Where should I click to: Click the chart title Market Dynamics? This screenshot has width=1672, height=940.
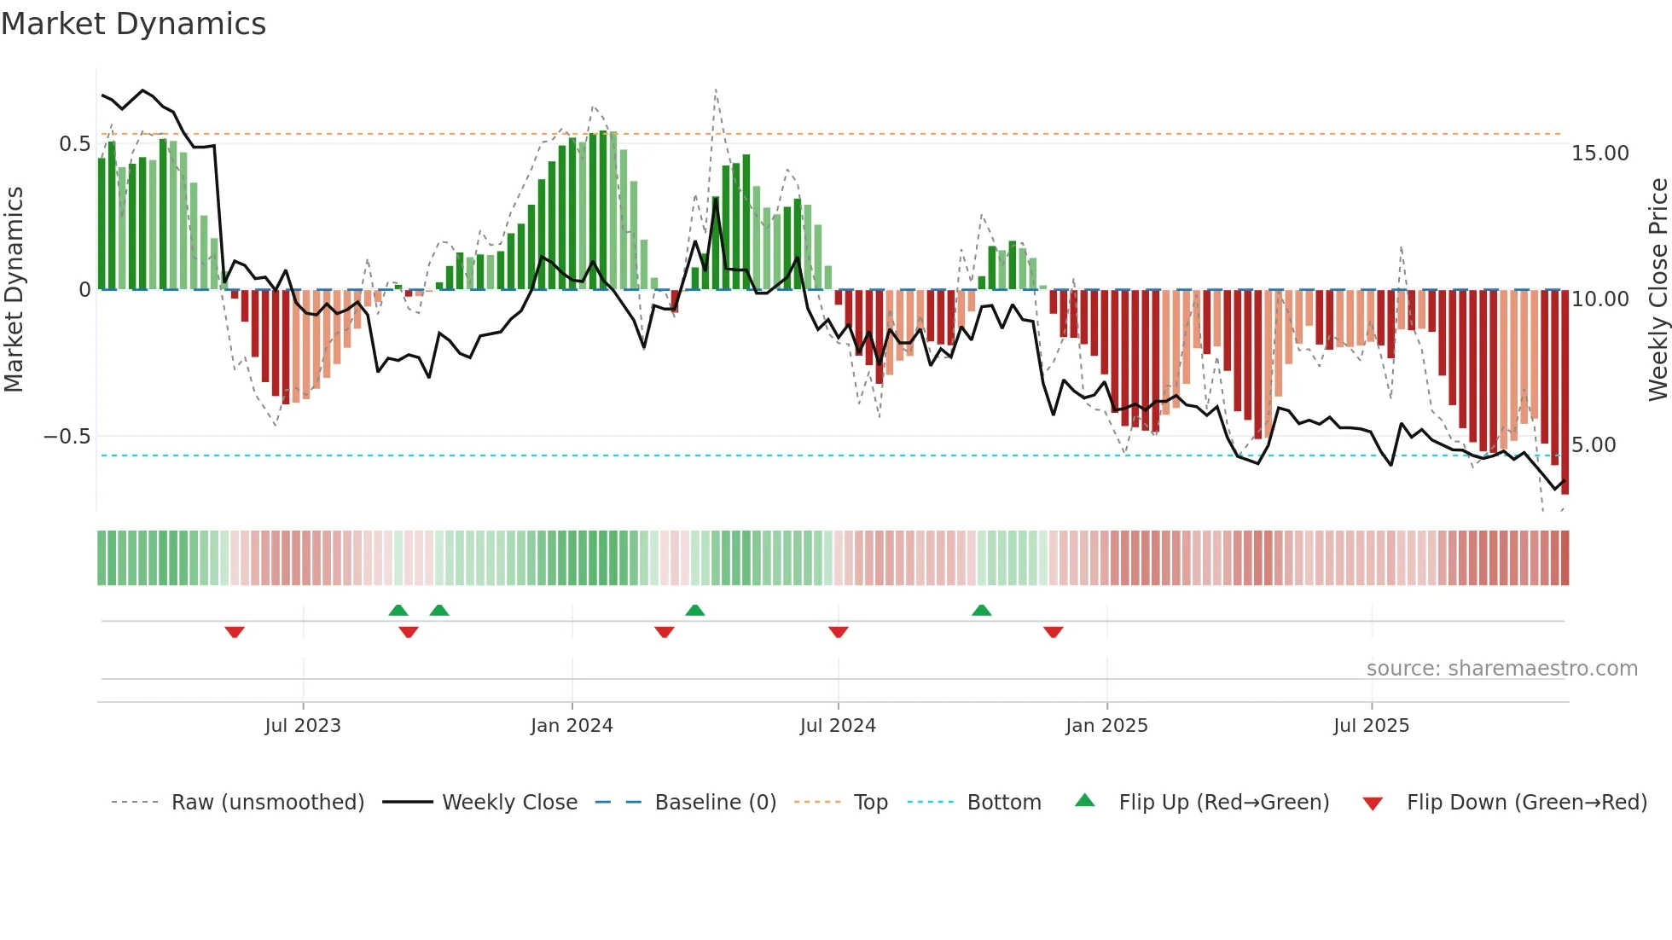tap(133, 24)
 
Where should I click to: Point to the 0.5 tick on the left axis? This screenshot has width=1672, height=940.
tap(74, 143)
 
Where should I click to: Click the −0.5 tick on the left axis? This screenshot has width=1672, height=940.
tap(67, 437)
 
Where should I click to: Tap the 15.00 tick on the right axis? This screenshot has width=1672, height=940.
tap(1600, 154)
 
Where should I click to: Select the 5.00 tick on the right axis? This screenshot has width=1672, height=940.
tap(1594, 445)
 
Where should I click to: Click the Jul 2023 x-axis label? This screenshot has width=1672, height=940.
tap(303, 726)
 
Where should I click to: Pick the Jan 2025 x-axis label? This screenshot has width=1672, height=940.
tap(1106, 726)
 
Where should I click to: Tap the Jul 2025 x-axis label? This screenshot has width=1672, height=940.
tap(1372, 726)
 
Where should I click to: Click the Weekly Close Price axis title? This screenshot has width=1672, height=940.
tap(1657, 290)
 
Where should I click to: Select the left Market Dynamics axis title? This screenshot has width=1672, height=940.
tap(15, 290)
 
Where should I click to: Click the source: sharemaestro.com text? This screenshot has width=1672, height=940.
tap(1501, 669)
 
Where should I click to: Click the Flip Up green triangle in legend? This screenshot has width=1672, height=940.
tap(1084, 801)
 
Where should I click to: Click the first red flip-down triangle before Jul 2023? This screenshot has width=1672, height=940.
tap(235, 632)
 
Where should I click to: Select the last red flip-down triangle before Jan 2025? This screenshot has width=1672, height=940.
tap(1053, 632)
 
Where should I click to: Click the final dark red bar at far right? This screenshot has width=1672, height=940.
tap(1565, 392)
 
